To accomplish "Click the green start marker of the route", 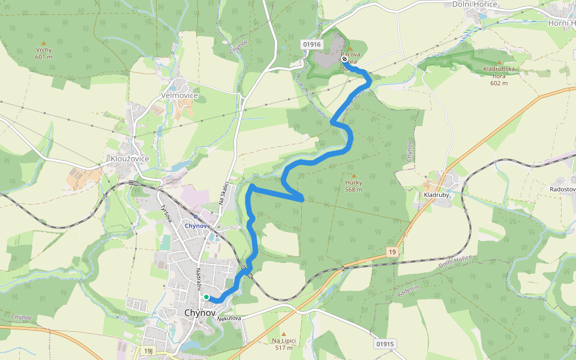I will pos(206,297).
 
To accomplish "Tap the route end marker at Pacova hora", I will pos(344,59).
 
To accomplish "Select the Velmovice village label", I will pos(179,95).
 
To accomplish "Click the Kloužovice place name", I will pos(130,158).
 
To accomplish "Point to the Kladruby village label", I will pos(436,194).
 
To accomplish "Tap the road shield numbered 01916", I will pos(313,44).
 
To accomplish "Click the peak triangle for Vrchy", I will pos(43,43).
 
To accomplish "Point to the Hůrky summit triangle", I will pos(353,175).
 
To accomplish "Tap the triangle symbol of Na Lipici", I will pos(284,334).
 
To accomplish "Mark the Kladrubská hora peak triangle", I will pos(499,62).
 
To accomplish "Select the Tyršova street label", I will pos(165,212).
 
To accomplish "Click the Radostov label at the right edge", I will pos(562,190).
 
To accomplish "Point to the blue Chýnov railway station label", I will pos(196,226).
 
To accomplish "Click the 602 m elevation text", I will pos(499,83).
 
